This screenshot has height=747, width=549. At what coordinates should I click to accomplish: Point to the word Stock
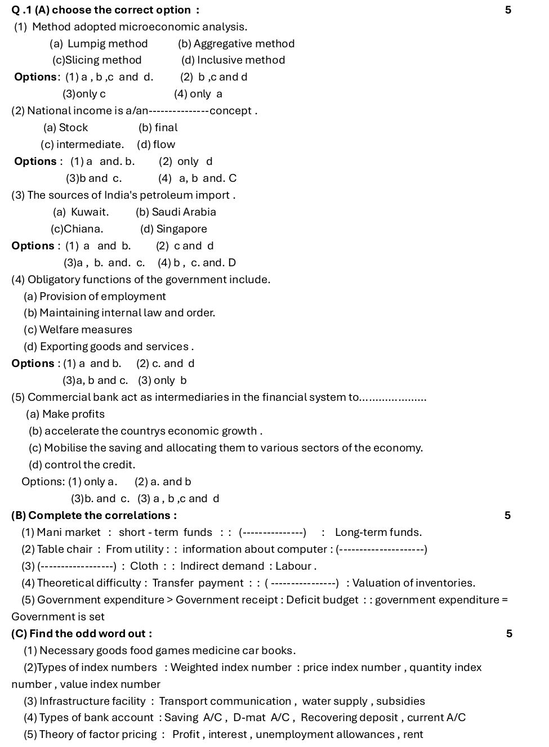coord(73,128)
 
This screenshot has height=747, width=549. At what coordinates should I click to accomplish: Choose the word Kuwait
coord(89,212)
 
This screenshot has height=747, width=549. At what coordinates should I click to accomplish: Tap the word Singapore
coord(181,229)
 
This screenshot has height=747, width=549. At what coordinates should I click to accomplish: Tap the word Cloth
coord(144,566)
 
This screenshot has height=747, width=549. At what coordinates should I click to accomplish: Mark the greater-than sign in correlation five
coord(169,600)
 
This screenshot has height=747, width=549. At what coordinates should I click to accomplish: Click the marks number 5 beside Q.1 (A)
coord(508,10)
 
